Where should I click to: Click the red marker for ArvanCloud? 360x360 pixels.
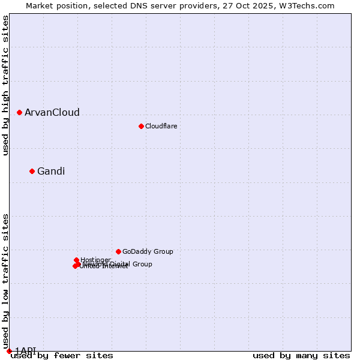pos(19,112)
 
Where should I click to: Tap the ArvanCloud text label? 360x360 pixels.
pos(52,113)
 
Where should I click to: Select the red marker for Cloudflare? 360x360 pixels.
pos(141,126)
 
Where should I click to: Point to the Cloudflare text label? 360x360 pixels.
pos(161,126)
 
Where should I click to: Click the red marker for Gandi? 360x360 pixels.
pos(32,171)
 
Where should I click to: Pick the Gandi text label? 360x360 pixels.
pos(51,172)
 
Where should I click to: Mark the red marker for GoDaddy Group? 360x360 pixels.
pos(118,251)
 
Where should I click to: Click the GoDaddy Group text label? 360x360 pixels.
pos(148,251)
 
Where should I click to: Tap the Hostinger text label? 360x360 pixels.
pos(95,260)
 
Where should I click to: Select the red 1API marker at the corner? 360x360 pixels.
pos(9,351)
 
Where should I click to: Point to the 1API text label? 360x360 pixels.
pos(26,350)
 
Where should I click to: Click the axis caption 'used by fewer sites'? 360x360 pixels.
pos(62,356)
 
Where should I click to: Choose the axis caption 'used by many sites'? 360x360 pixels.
pos(301,356)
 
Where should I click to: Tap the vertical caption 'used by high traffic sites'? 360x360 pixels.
pos(5,86)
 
